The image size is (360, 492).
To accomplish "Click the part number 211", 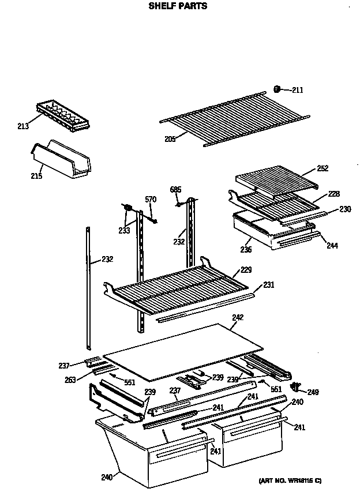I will pos(297,90).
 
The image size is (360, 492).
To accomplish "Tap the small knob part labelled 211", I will pos(277,89).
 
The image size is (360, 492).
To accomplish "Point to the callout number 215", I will pos(36,176).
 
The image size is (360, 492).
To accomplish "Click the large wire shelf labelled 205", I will pos(231,121).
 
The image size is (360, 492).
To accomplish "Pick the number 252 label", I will pos(322,168).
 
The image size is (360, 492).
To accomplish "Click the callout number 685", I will pos(176,189).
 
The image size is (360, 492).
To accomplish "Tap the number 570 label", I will pos(151,200).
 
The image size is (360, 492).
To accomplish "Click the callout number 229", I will pos(246,270).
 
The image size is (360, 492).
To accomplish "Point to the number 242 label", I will pos(238,317).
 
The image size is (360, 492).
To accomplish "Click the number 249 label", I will pos(313,393).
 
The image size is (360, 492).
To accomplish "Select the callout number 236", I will pos(246,249).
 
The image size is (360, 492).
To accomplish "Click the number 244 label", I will pos(332,245).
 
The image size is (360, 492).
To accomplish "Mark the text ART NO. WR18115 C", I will pos(290,480).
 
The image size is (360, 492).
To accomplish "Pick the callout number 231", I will pos(269,284).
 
